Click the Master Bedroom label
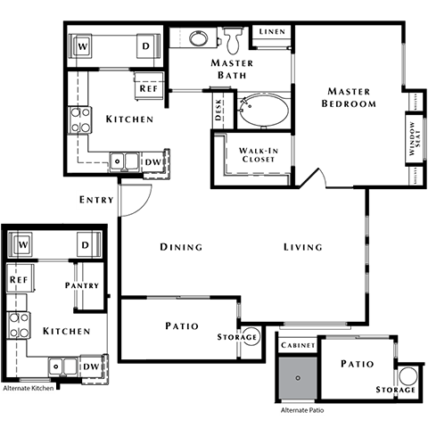(349, 96)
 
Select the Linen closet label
(270, 32)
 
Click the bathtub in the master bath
(265, 111)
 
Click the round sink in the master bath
(198, 38)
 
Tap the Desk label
(218, 110)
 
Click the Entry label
(96, 200)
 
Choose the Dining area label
(181, 247)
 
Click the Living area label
(303, 247)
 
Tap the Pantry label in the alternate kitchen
(81, 285)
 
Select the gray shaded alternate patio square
(297, 378)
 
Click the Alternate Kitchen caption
(29, 389)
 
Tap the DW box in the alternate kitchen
(90, 366)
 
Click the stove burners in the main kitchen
(80, 119)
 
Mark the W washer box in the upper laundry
(84, 45)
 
